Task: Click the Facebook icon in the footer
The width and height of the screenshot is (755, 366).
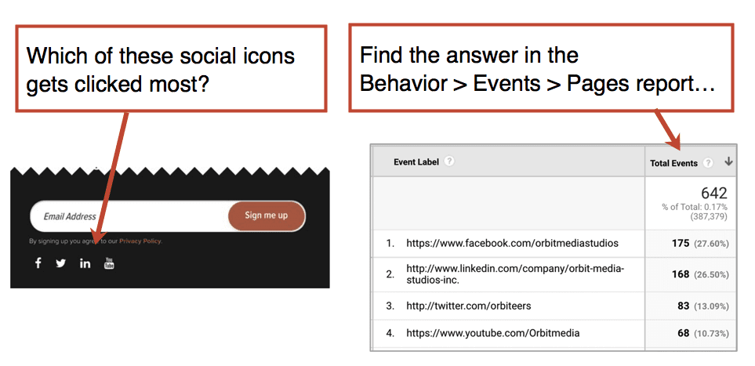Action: tap(38, 263)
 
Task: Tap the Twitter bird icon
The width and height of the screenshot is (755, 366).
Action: tap(60, 263)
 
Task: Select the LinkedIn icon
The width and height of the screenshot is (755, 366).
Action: tap(85, 263)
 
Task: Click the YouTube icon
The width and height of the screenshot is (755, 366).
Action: tap(109, 263)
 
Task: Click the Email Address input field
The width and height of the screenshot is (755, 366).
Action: tap(130, 216)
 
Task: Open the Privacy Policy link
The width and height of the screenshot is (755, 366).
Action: tap(140, 241)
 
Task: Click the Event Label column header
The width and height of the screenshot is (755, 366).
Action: tap(416, 161)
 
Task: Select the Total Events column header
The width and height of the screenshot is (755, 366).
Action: tap(673, 163)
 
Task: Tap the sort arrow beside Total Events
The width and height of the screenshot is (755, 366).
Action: tap(728, 161)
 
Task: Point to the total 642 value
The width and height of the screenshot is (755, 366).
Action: tap(714, 193)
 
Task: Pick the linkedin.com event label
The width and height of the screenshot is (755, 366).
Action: tap(515, 274)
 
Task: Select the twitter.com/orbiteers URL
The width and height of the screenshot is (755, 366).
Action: tap(469, 306)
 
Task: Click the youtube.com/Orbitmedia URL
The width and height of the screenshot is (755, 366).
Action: tap(493, 333)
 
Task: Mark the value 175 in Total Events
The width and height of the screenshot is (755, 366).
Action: tap(681, 243)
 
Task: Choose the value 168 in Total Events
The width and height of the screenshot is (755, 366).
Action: tap(681, 274)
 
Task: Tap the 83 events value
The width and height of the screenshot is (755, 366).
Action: tap(683, 306)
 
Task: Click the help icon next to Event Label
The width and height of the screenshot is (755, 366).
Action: tap(448, 161)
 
